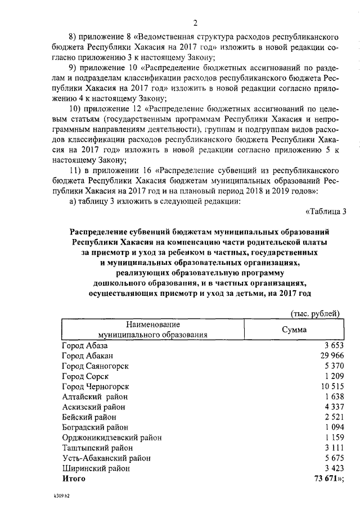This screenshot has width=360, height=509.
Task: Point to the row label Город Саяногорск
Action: point(95,366)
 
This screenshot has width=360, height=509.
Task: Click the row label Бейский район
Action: point(89,417)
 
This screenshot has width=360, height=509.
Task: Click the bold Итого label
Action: point(74,479)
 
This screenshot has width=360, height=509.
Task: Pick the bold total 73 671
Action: point(328,479)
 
